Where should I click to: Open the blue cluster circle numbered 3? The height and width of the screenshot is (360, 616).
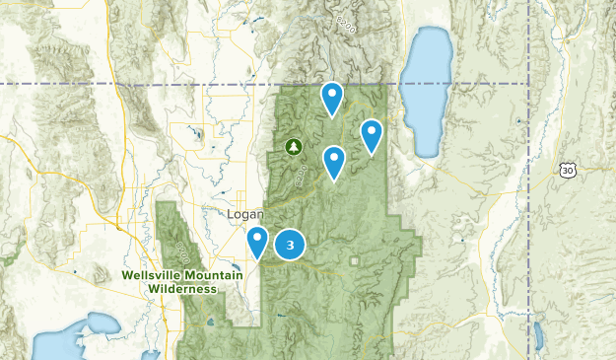coord(289,245)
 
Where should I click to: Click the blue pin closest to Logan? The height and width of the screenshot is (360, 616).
coord(257,241)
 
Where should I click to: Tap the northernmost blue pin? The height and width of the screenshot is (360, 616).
coord(333,98)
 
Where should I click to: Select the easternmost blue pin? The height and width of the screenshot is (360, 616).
coord(372,134)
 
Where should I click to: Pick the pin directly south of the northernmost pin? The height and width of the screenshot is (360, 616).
coord(335,161)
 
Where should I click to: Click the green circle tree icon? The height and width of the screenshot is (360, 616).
coord(293,147)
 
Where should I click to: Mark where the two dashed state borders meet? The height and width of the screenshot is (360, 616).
coord(528,84)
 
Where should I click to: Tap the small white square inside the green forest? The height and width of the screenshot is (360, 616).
coord(354,261)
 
